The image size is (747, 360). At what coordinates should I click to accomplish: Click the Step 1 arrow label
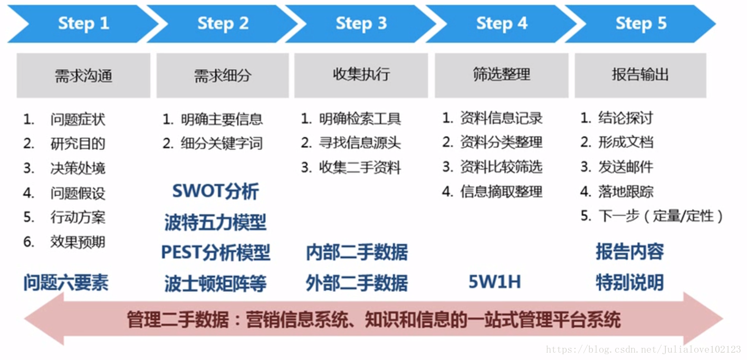tap(83, 23)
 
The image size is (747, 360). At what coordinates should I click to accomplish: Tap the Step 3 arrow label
tap(361, 23)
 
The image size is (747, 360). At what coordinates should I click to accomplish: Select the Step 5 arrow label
tap(641, 23)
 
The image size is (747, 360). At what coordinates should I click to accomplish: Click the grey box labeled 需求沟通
tap(83, 75)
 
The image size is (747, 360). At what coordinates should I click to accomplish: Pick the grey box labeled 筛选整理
tap(501, 74)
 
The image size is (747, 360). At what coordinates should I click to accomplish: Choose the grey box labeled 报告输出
tap(640, 74)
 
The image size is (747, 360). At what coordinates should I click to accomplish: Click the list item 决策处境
tap(78, 168)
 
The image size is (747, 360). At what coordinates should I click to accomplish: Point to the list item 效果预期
tap(78, 242)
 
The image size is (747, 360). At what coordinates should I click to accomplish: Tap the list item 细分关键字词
tap(221, 144)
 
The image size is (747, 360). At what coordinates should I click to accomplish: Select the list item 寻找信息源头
tap(360, 143)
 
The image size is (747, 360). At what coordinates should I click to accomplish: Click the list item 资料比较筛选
tap(501, 167)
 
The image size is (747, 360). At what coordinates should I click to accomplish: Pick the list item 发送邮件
tap(626, 167)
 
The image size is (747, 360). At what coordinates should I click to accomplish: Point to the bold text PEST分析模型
tap(215, 252)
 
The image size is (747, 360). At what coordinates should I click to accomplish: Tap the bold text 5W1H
tap(494, 282)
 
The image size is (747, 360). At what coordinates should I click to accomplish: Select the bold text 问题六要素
tap(65, 283)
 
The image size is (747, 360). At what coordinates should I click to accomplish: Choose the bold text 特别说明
tap(629, 282)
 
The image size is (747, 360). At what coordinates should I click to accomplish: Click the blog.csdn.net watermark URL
tap(643, 349)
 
